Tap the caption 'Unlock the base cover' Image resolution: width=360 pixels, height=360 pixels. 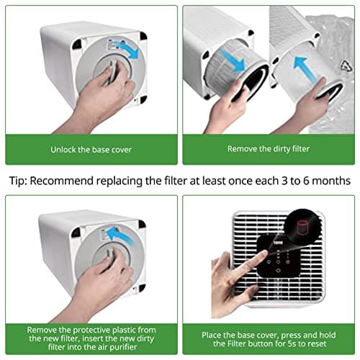point(91,149)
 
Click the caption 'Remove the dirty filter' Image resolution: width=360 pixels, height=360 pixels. point(268,149)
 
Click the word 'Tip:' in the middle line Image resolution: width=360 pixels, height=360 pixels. point(19,180)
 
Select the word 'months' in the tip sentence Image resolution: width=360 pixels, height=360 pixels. point(328,180)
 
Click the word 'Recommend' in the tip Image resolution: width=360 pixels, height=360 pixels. point(66,180)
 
